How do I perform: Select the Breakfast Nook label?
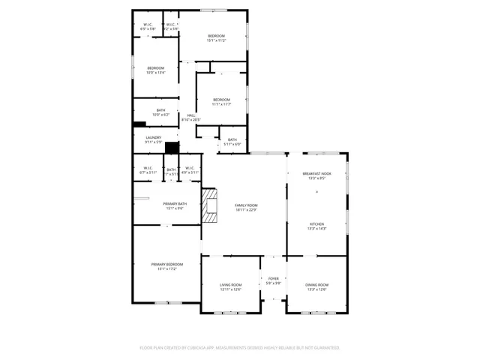click(316, 174)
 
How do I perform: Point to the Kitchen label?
click(316, 223)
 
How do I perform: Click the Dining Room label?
click(316, 284)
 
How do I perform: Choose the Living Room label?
click(230, 284)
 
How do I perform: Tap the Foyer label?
click(273, 280)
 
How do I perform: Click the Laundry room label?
click(153, 137)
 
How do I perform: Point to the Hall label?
click(191, 115)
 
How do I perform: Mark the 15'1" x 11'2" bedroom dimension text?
click(216, 40)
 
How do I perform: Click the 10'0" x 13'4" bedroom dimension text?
click(156, 73)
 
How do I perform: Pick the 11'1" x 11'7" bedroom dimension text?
click(220, 103)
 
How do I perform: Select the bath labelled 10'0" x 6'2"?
click(161, 112)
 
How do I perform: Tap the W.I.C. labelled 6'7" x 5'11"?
click(147, 170)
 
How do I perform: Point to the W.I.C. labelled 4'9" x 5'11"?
click(190, 170)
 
